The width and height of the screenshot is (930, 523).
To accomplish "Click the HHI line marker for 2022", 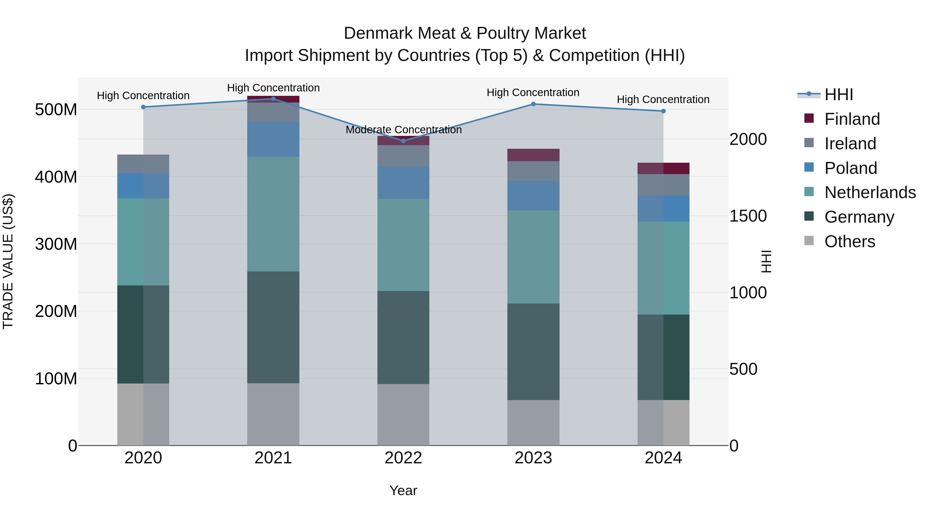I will (403, 141).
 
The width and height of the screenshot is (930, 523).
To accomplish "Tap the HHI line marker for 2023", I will (533, 104).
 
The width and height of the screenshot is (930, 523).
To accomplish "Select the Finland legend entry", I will (852, 119).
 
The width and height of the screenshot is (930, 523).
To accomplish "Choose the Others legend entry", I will (849, 241).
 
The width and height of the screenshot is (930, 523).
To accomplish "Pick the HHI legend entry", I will (838, 95).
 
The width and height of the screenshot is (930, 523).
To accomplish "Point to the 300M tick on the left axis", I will (56, 244).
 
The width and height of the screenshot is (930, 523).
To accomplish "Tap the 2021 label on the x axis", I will (273, 458).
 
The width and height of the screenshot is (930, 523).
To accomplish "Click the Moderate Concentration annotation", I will (404, 130).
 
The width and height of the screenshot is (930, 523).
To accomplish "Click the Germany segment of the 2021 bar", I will (273, 327).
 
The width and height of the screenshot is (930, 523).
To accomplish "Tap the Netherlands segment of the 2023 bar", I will (533, 257).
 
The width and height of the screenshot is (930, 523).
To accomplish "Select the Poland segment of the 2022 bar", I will (403, 183).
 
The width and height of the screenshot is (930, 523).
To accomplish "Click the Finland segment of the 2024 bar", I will (663, 168).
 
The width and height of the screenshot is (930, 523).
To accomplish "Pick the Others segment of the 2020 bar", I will (143, 414).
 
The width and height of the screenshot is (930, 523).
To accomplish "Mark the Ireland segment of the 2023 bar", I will (533, 171).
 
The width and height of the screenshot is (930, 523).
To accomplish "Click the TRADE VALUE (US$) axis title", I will (8, 261).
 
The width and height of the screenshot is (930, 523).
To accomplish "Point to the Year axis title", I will (403, 490).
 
